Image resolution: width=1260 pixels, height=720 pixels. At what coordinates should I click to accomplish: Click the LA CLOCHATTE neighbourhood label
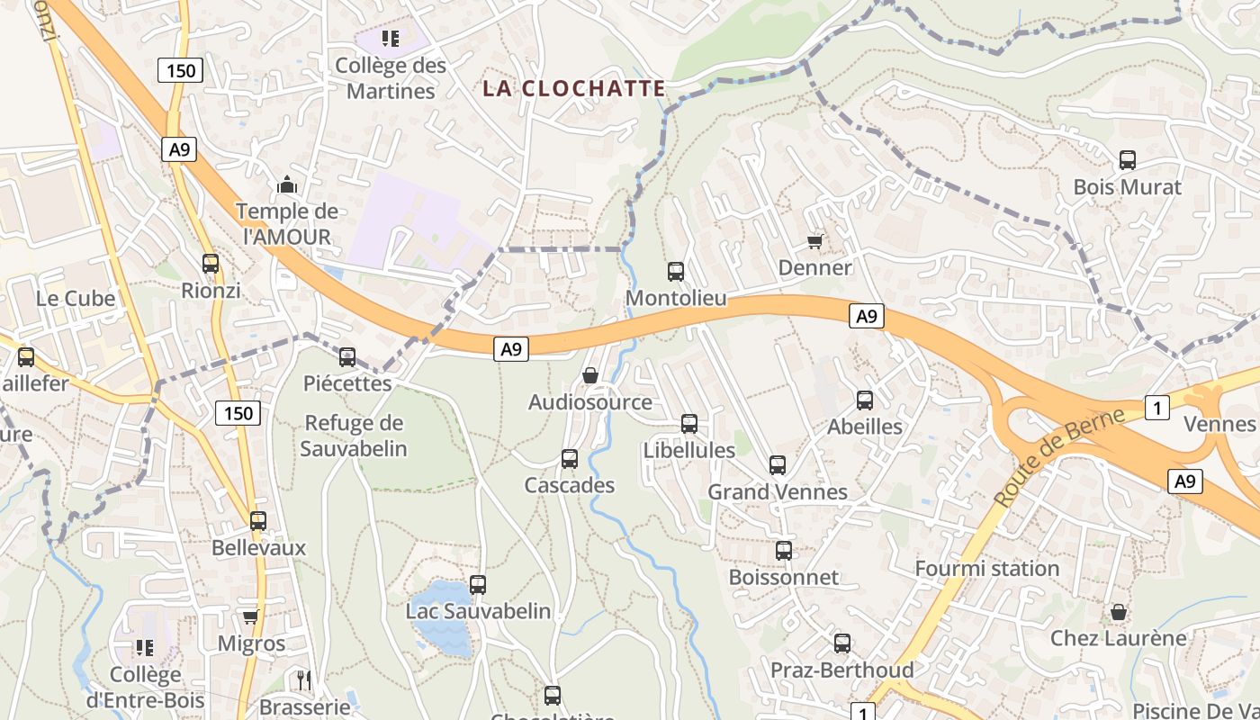[574, 88]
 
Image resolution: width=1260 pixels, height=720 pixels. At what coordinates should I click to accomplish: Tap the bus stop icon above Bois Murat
[1127, 160]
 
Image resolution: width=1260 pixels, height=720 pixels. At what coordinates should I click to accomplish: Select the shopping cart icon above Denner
[815, 241]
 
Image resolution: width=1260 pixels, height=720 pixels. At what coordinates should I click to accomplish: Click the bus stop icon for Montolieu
[676, 271]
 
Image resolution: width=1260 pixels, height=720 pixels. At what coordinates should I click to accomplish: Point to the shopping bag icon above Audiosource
[590, 375]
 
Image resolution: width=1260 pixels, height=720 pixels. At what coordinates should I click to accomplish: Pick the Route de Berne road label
[1059, 455]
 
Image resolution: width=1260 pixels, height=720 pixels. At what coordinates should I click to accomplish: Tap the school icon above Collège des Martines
[391, 38]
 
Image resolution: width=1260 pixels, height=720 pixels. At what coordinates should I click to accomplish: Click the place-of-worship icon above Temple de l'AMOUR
[287, 184]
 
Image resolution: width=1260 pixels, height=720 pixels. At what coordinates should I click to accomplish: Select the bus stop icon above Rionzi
[211, 264]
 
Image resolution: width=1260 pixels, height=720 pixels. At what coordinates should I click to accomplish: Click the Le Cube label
[76, 299]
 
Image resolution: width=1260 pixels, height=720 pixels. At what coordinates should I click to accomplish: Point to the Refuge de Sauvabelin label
[355, 436]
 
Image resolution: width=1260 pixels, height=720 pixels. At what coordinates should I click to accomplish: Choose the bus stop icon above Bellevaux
[258, 520]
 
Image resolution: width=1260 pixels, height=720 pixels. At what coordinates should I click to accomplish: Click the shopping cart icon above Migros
[251, 616]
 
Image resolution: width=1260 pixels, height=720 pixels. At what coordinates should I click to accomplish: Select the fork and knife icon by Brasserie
[304, 679]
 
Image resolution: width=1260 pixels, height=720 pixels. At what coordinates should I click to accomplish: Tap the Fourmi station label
[986, 569]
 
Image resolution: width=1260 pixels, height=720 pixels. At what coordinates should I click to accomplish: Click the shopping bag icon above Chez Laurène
[1119, 612]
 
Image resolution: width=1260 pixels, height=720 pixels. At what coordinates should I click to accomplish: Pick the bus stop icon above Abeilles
[865, 400]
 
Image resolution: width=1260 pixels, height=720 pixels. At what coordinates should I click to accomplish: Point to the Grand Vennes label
[778, 492]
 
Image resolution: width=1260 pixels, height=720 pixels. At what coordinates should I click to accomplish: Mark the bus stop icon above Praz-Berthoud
[842, 643]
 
